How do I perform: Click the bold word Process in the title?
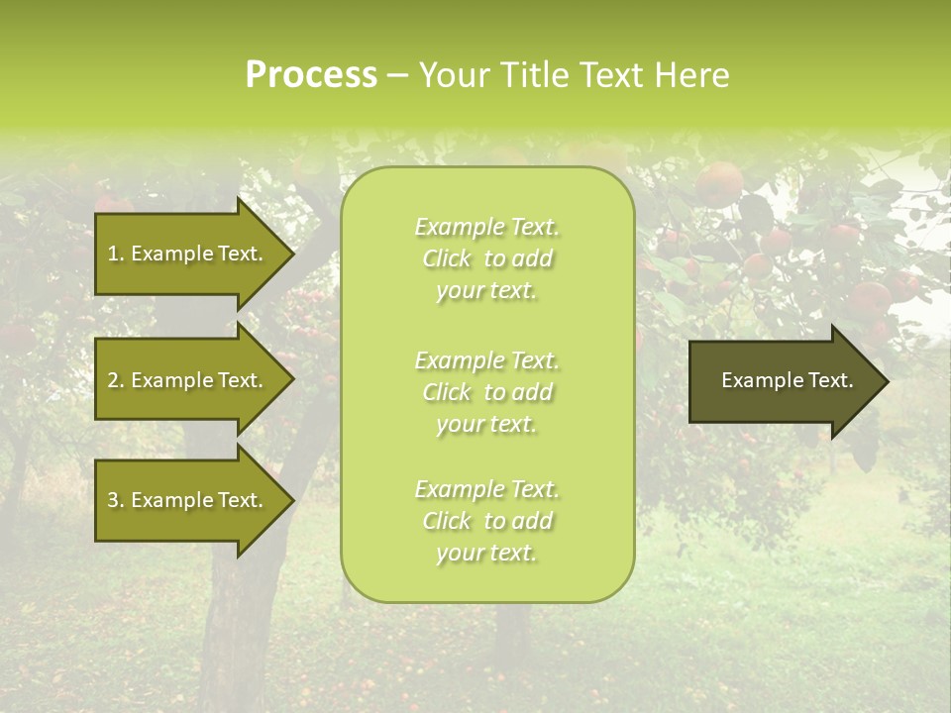[311, 75]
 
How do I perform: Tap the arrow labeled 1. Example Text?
[188, 254]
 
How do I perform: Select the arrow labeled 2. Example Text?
[188, 380]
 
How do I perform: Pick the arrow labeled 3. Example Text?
[188, 500]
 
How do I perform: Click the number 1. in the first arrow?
[116, 254]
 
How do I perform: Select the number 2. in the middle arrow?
[116, 380]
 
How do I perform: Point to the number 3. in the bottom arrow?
[116, 500]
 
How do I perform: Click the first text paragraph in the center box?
[486, 258]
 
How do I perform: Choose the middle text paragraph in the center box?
[486, 392]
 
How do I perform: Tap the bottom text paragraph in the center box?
[486, 521]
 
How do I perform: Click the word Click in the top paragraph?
[447, 259]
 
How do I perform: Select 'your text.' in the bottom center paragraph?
[486, 553]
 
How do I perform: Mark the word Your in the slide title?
[453, 75]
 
